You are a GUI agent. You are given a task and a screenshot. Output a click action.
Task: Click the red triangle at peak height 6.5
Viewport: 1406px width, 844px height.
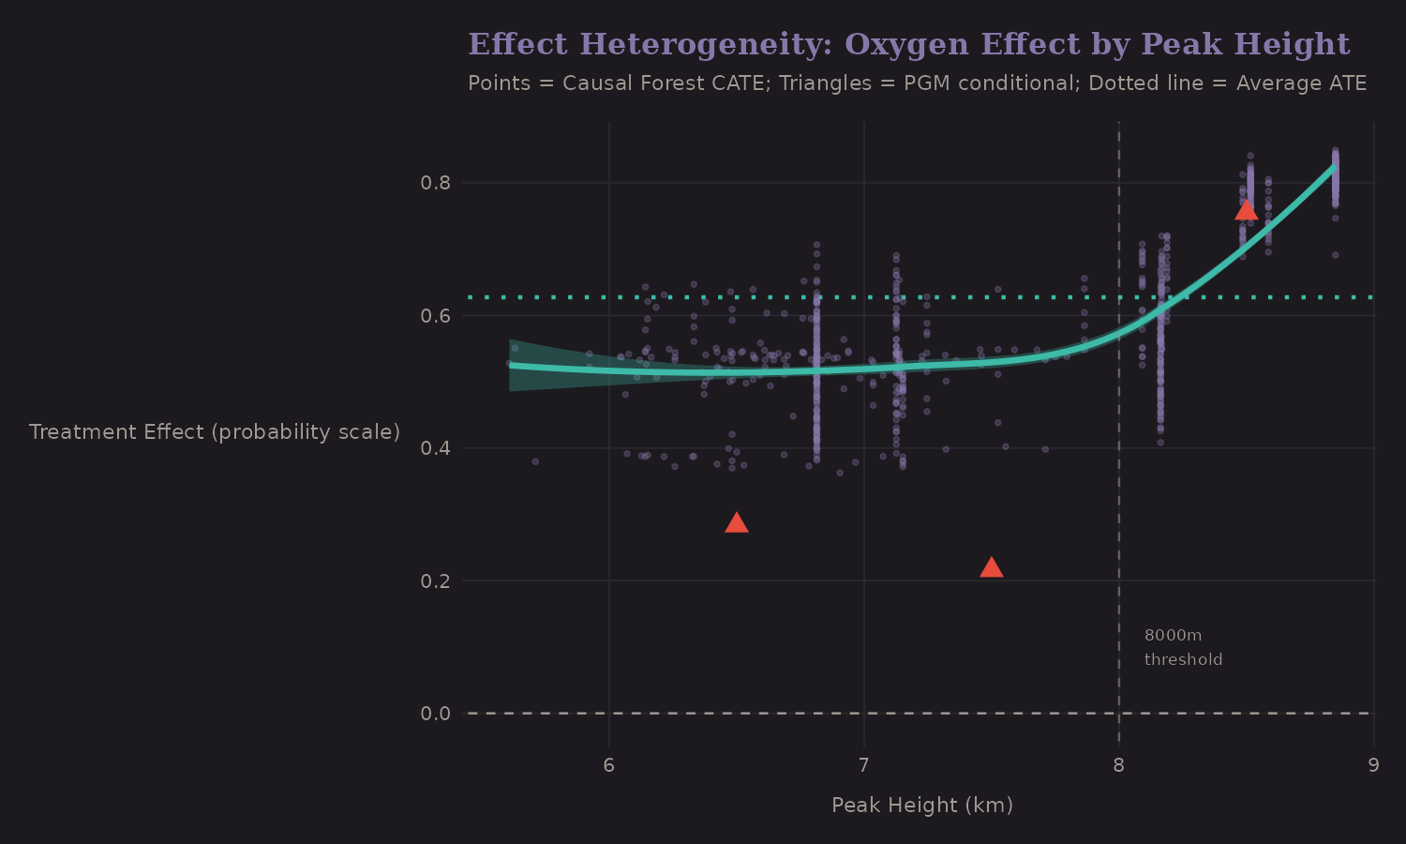(737, 523)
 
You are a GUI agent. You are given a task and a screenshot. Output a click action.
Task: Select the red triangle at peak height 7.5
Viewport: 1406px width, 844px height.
(991, 567)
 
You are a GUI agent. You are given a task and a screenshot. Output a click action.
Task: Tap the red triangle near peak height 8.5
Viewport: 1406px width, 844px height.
(1246, 209)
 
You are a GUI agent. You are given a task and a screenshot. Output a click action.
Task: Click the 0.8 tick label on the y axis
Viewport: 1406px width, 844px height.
(436, 183)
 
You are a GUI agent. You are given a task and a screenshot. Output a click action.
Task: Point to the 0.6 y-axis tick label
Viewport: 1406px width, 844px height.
(436, 316)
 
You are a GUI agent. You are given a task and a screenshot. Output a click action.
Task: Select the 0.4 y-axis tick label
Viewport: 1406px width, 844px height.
(436, 448)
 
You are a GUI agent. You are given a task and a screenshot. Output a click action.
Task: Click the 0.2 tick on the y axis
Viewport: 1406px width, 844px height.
(436, 581)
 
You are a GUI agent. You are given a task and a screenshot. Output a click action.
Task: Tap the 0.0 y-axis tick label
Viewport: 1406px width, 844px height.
(436, 714)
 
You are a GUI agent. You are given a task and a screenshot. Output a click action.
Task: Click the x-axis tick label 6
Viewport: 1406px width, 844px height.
(609, 765)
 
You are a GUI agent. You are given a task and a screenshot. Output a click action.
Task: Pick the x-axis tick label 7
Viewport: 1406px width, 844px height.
(864, 765)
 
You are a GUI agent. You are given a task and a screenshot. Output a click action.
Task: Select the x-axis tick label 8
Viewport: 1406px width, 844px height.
(1119, 765)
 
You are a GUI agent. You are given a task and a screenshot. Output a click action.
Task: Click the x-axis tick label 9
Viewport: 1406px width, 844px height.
(1373, 765)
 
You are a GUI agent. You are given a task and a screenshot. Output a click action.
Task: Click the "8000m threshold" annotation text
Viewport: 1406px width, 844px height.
(1183, 648)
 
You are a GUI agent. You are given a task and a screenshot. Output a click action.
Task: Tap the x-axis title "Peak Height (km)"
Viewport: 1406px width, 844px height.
(922, 806)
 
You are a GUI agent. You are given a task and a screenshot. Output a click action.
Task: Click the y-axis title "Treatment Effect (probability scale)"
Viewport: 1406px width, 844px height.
(215, 432)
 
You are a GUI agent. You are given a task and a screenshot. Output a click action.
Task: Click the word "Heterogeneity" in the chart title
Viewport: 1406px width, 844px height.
(706, 44)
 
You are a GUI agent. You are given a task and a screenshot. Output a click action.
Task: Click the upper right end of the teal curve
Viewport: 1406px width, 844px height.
(1335, 168)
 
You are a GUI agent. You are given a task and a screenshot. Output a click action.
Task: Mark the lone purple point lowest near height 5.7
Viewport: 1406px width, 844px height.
(535, 461)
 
